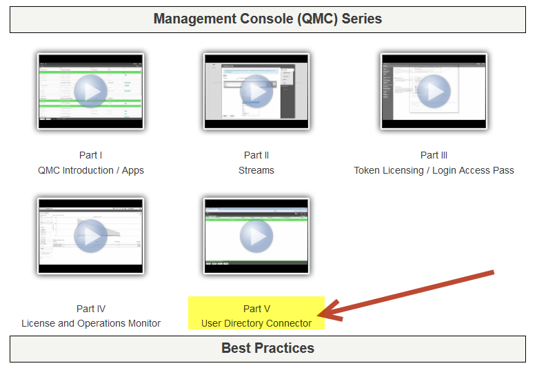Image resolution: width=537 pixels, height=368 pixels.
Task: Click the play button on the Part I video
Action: (x=91, y=92)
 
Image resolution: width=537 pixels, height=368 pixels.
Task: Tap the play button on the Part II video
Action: (x=256, y=92)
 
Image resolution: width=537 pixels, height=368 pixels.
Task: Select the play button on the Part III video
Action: (x=434, y=92)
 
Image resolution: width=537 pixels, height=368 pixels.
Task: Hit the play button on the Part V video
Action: (x=256, y=236)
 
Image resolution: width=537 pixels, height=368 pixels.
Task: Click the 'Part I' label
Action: (x=91, y=155)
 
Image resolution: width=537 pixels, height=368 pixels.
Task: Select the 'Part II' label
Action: (x=256, y=155)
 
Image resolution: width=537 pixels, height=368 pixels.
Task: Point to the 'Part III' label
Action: (x=434, y=155)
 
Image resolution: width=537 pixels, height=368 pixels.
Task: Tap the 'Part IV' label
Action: (x=91, y=309)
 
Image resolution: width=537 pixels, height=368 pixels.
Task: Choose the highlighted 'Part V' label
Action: (x=256, y=309)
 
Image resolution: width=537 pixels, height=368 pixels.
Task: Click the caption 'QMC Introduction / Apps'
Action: (x=91, y=170)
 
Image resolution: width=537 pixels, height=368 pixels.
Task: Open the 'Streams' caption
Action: (x=256, y=170)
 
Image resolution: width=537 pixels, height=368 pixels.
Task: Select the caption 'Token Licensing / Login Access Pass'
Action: (x=434, y=170)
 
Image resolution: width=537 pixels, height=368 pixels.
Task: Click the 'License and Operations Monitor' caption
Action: (x=91, y=323)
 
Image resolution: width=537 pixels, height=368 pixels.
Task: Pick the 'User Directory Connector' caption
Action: (x=256, y=323)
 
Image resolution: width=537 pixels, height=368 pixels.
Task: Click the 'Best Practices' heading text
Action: (x=267, y=348)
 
